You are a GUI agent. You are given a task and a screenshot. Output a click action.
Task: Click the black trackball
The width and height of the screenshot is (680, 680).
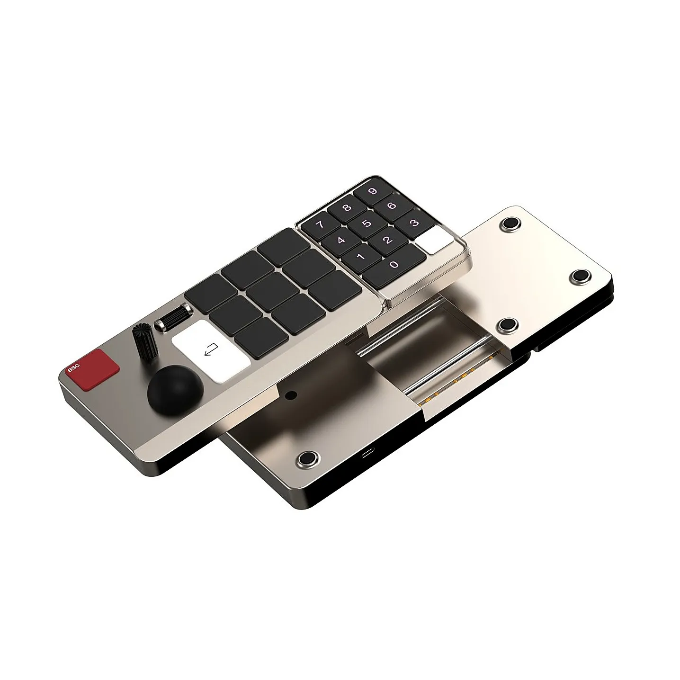click(175, 391)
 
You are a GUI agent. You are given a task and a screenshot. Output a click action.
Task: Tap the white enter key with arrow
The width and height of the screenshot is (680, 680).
click(211, 351)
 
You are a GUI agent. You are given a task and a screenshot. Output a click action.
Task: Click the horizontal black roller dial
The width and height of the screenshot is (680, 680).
click(174, 317)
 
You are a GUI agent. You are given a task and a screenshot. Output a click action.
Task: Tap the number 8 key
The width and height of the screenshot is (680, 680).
click(347, 208)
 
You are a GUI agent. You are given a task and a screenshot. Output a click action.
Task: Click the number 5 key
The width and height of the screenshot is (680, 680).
click(367, 224)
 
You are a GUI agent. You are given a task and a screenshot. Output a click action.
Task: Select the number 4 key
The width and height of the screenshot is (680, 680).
click(341, 241)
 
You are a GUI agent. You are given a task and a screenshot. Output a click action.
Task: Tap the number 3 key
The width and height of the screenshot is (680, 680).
click(414, 223)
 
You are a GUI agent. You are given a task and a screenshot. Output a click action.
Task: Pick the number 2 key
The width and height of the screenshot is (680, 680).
click(388, 240)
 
